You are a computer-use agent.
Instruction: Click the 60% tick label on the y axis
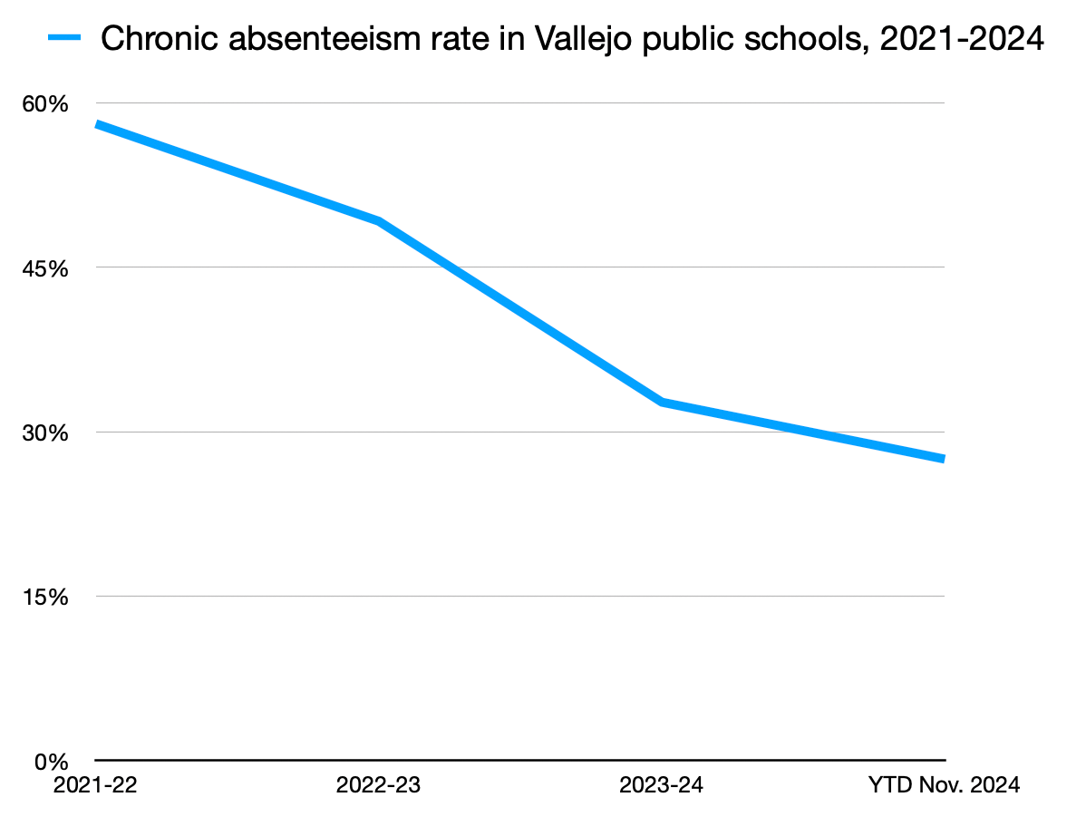click(x=45, y=104)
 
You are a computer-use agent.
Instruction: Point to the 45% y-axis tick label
click(x=45, y=268)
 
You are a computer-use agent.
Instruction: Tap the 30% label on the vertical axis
click(x=45, y=433)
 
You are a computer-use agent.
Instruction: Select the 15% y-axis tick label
click(x=45, y=598)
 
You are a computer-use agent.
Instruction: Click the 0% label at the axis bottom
click(x=52, y=762)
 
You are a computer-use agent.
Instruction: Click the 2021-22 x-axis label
click(x=95, y=785)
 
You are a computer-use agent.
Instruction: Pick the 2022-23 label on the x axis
click(x=378, y=785)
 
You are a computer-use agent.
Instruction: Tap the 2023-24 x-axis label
click(x=661, y=785)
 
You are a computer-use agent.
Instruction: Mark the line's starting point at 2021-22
click(x=97, y=124)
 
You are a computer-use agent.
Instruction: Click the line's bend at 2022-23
click(x=378, y=221)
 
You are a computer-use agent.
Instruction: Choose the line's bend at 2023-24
click(x=662, y=401)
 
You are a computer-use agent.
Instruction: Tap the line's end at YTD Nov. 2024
click(x=943, y=459)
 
